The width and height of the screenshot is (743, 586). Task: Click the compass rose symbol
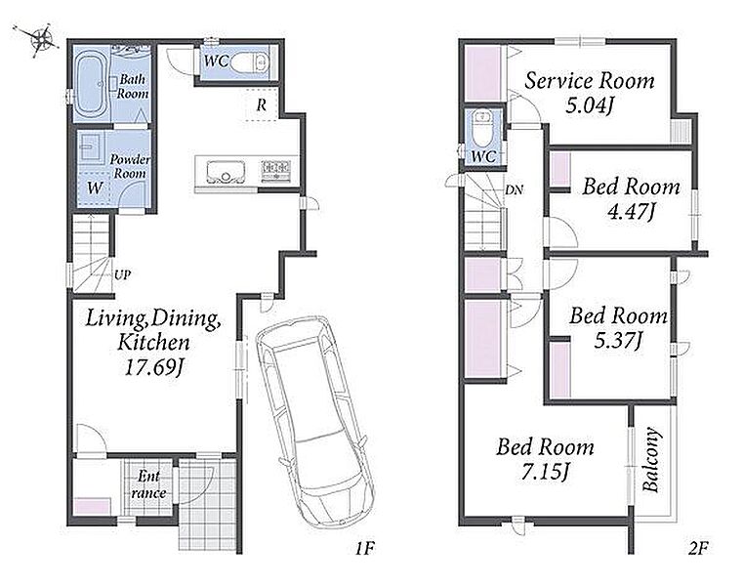(x=42, y=39)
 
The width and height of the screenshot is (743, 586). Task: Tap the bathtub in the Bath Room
(x=92, y=85)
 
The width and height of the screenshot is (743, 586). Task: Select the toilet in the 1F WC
(x=251, y=63)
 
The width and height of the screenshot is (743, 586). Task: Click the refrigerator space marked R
(x=261, y=105)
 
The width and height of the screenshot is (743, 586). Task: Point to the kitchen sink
(x=226, y=172)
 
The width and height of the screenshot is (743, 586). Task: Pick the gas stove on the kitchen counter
(x=275, y=172)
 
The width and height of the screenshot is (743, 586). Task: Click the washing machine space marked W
(x=95, y=188)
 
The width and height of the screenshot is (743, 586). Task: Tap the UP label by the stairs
(x=122, y=275)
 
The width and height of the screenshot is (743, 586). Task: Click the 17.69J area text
(x=153, y=367)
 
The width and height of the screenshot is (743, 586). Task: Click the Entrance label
(x=148, y=484)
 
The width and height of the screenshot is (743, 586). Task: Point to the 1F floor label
(x=365, y=549)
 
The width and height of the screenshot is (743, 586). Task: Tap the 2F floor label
(x=698, y=549)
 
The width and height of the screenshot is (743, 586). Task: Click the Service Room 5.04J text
(x=590, y=93)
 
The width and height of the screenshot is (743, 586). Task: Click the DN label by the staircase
(x=515, y=190)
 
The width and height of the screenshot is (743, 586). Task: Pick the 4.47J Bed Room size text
(x=631, y=211)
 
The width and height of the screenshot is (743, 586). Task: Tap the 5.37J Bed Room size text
(x=618, y=340)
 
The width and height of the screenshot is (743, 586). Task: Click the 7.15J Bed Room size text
(x=545, y=472)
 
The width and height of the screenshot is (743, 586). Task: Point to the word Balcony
(x=650, y=459)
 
